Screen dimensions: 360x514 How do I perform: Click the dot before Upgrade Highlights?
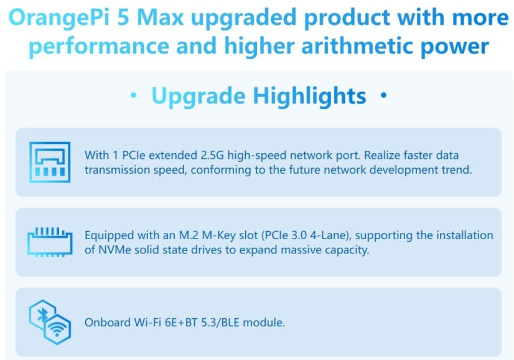point(133,97)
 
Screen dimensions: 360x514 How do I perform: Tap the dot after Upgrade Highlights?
point(383,97)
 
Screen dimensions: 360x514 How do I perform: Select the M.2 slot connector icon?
point(49,242)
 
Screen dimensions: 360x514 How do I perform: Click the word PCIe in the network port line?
point(129,155)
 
